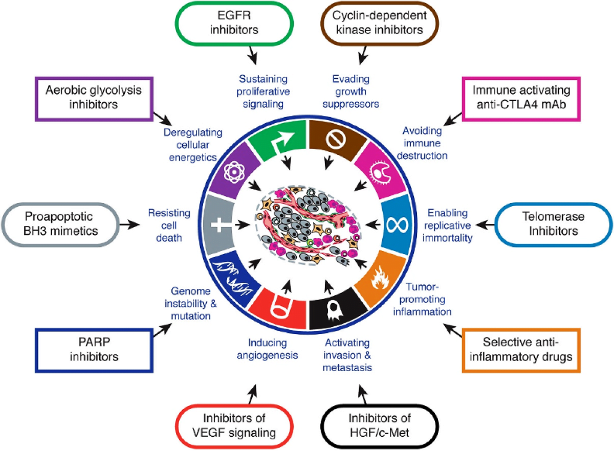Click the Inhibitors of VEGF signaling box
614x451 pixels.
coord(234,425)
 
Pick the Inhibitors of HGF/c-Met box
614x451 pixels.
coord(379,425)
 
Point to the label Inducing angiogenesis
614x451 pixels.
coord(267,349)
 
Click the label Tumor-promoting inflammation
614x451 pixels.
coord(423,299)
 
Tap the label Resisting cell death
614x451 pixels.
coord(169,225)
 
